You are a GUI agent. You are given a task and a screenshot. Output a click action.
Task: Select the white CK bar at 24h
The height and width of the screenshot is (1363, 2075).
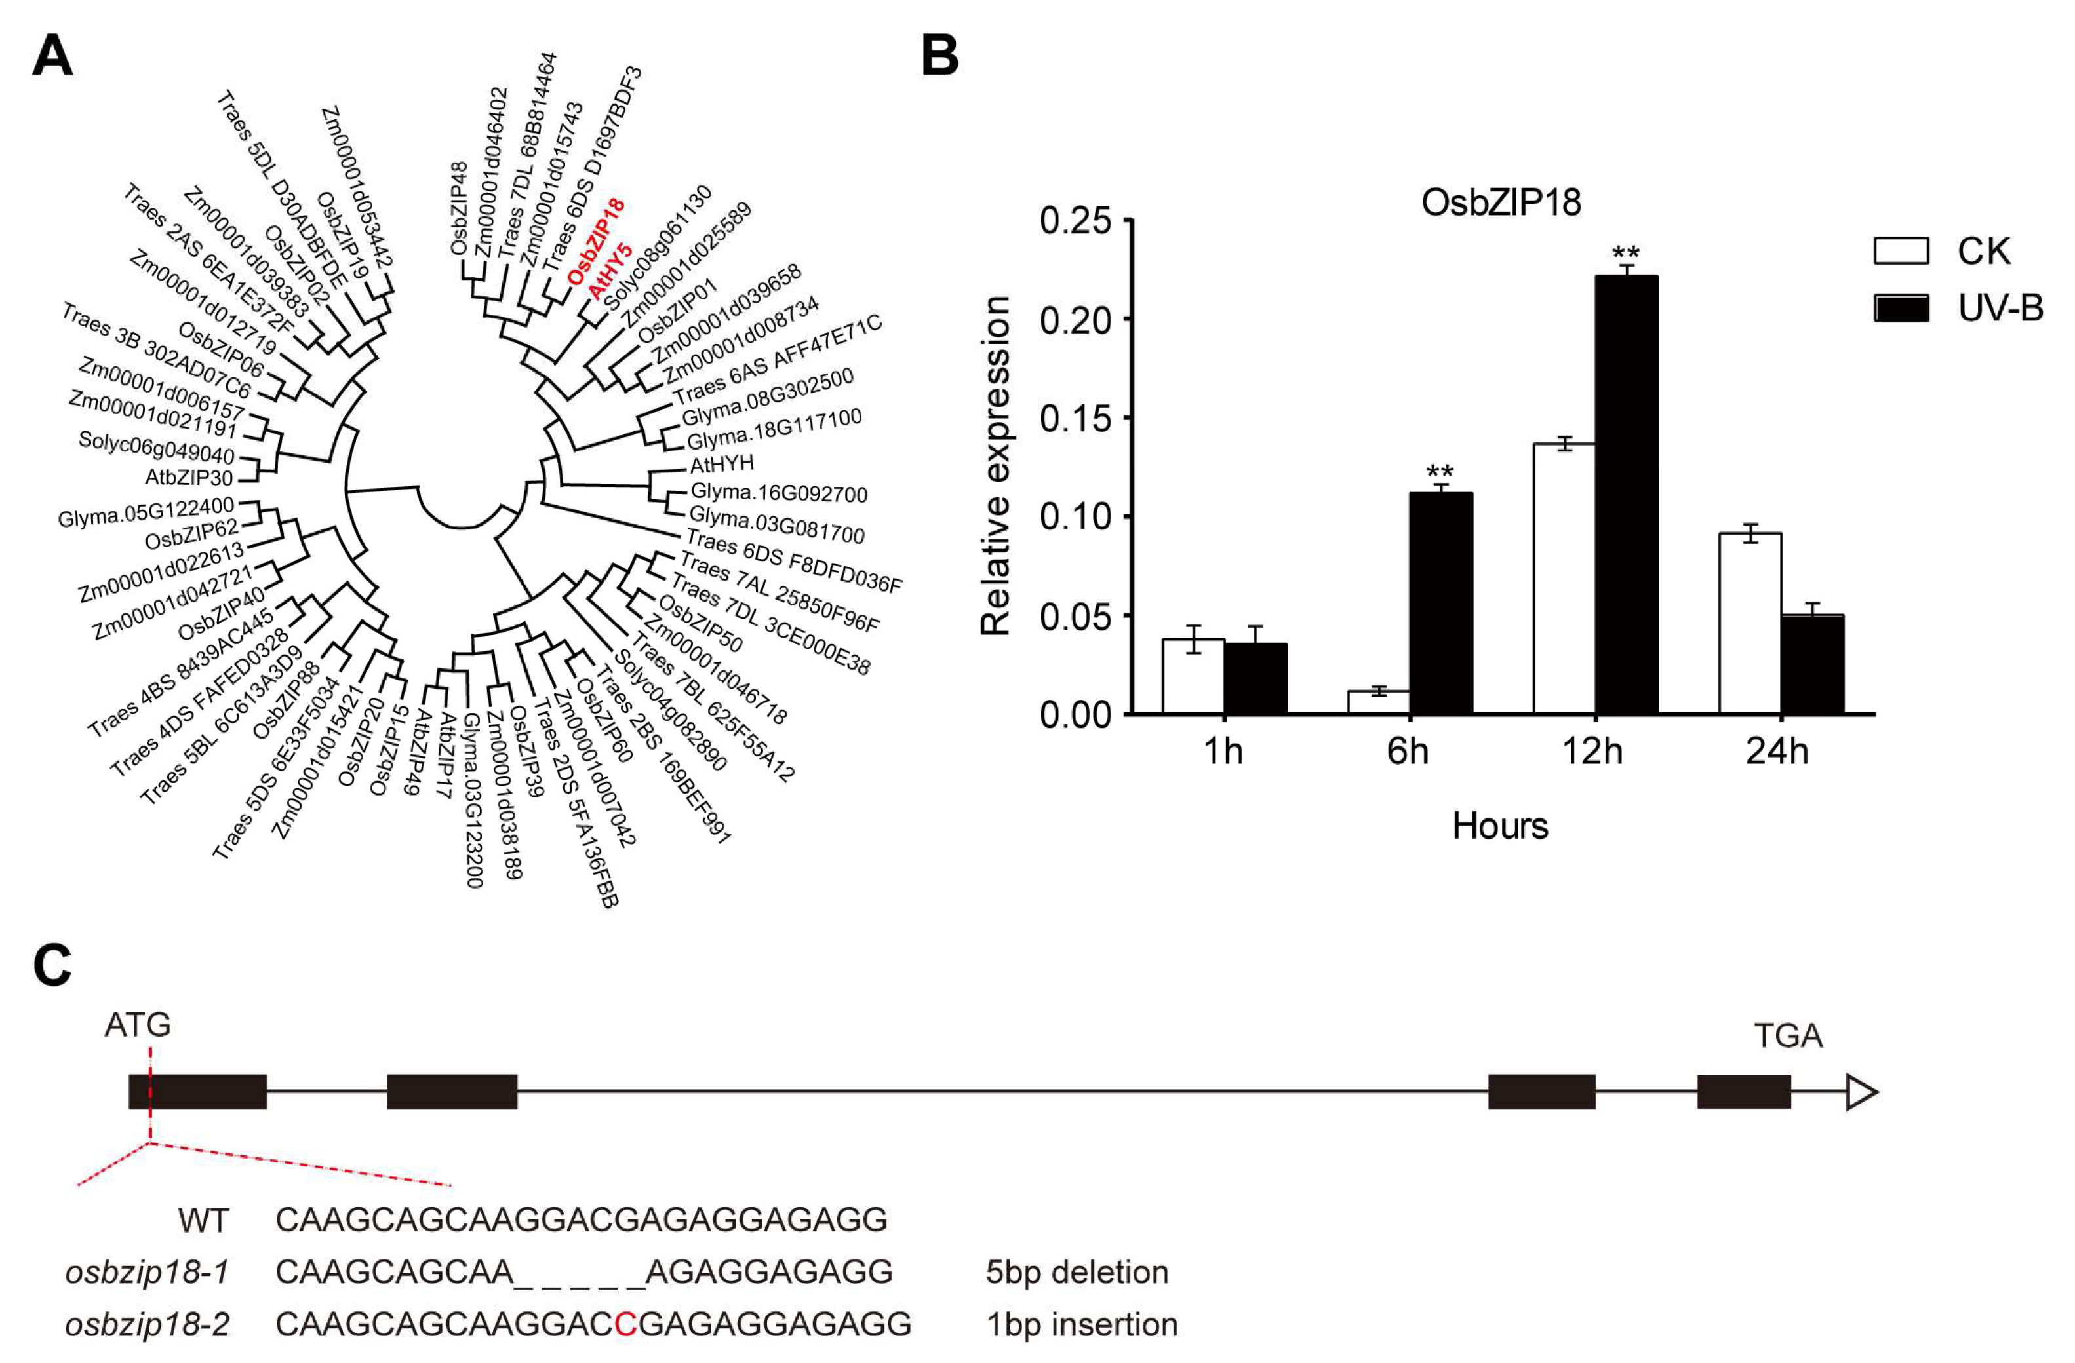click(x=1750, y=623)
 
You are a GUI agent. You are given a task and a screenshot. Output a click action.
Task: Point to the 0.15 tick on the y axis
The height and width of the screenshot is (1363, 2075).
click(x=1075, y=418)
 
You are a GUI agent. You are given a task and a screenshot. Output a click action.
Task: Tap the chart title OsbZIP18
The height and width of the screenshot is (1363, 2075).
click(x=1501, y=202)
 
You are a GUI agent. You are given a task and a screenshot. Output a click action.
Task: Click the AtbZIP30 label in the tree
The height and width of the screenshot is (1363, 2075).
click(x=189, y=478)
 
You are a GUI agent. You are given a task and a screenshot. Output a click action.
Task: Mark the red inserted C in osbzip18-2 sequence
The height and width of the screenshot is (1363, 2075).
click(x=624, y=1324)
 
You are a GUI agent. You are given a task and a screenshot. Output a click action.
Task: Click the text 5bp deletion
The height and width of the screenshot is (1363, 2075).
click(x=1077, y=1273)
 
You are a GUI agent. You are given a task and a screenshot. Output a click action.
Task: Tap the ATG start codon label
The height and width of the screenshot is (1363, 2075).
click(x=138, y=1025)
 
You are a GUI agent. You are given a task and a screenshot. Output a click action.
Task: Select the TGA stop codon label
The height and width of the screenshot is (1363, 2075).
click(x=1787, y=1036)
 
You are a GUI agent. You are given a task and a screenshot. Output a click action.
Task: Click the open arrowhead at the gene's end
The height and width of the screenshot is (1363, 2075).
click(x=1861, y=1092)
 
